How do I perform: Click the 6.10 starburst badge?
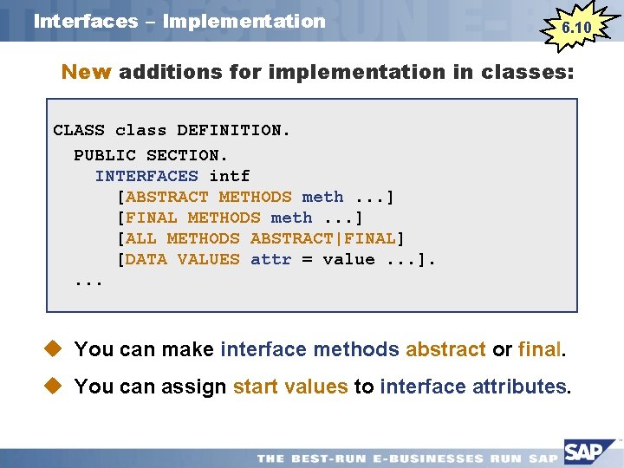(x=576, y=28)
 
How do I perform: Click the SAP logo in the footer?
(x=590, y=452)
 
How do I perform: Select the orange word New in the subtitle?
(x=86, y=73)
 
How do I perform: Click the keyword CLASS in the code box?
(x=79, y=131)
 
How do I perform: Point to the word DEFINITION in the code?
(x=229, y=131)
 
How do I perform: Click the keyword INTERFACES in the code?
(x=146, y=177)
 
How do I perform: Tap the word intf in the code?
(x=230, y=177)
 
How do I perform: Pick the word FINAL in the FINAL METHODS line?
(x=152, y=218)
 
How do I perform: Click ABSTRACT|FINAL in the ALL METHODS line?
(x=322, y=238)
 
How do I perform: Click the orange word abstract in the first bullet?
(x=445, y=349)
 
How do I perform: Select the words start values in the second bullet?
(x=290, y=387)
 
